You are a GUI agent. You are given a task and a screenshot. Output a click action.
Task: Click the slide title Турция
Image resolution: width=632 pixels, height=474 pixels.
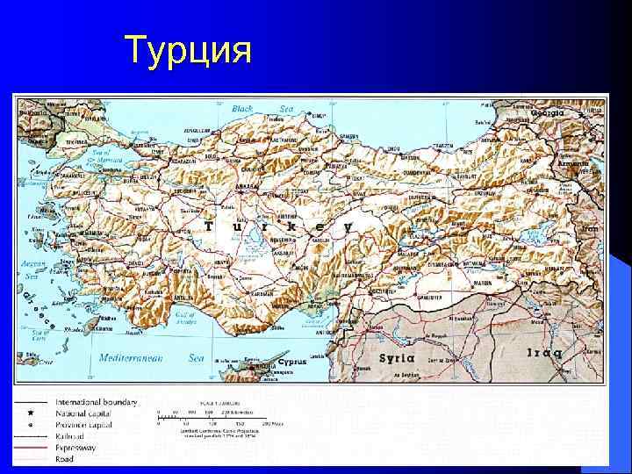[189, 51]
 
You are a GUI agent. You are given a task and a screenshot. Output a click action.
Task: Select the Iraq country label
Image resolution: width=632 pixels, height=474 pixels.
[544, 354]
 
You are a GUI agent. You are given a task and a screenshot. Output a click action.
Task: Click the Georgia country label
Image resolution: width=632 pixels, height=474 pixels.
[546, 113]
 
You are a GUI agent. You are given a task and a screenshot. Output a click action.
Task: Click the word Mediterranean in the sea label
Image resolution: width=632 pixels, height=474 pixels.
[127, 358]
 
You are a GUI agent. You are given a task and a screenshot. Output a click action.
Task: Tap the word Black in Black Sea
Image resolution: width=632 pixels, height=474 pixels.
[242, 109]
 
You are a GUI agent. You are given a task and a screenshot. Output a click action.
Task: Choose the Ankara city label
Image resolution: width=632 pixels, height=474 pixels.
[248, 186]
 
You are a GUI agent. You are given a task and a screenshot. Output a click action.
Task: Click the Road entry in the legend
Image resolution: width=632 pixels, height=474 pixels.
[63, 459]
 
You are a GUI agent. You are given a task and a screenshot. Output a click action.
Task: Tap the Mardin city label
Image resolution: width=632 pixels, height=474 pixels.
[483, 283]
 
